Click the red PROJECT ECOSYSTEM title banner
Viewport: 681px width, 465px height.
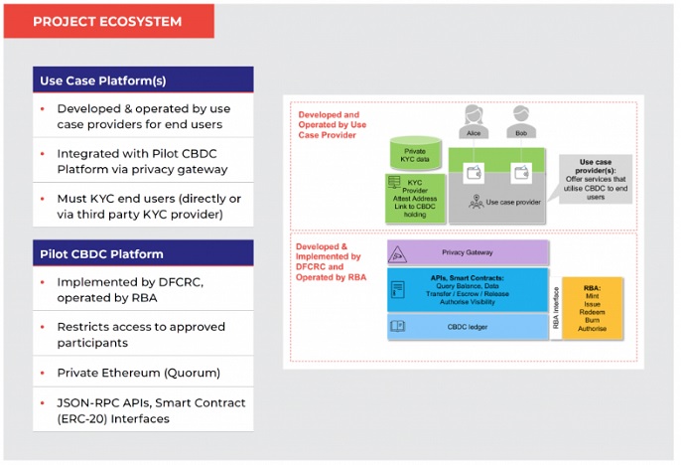108,21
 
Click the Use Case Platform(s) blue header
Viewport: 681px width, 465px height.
142,80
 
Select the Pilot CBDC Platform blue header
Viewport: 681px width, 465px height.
142,253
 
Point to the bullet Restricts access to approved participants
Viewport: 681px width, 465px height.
141,335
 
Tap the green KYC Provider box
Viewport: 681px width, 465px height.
415,197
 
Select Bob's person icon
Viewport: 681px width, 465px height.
522,117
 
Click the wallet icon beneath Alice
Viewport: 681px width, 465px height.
474,172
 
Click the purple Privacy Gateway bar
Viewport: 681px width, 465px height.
467,253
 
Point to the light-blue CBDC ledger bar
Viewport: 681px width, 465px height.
467,326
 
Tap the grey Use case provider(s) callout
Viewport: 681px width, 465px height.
594,179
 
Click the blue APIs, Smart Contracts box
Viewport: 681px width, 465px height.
467,289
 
